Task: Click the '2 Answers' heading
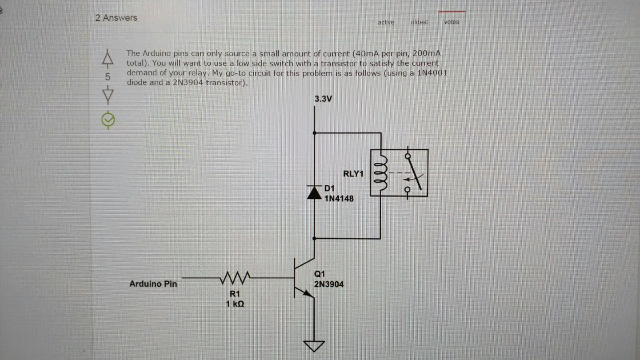tap(116, 18)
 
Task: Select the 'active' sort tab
tap(386, 22)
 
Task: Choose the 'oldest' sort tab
tap(419, 22)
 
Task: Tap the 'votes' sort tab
tap(451, 22)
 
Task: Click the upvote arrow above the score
tap(107, 58)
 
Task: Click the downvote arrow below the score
tap(108, 95)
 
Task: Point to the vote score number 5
tap(107, 76)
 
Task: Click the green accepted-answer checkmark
tap(108, 120)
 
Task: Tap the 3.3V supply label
tap(323, 99)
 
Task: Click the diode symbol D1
tap(314, 192)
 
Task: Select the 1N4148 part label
tap(339, 198)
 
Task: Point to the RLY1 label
tap(353, 174)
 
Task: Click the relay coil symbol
tap(380, 173)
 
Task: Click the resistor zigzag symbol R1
tap(235, 277)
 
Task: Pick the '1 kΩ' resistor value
tap(235, 304)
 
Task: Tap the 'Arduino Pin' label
tap(153, 284)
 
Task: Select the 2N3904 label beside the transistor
tap(328, 284)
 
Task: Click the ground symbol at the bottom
tap(314, 346)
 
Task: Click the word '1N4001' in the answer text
tap(432, 73)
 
